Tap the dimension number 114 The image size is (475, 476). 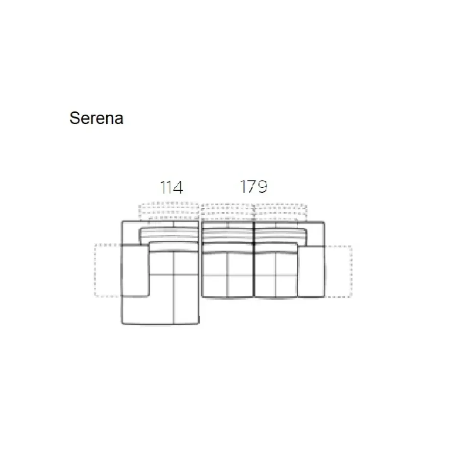click(172, 187)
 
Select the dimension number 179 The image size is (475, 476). click(254, 186)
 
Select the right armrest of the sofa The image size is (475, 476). click(311, 271)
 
